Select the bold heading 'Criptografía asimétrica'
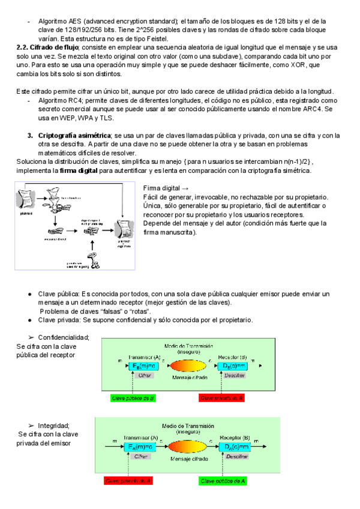click(74, 136)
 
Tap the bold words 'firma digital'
click(80, 171)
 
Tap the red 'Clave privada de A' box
click(128, 481)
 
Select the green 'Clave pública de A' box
click(224, 481)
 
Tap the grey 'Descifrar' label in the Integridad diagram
click(237, 457)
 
